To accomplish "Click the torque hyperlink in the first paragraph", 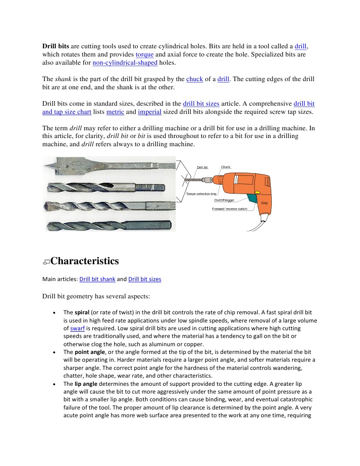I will pos(145,54).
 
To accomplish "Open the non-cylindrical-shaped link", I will pos(125,62).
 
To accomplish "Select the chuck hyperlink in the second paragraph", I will pos(194,79).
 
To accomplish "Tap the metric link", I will pos(115,112).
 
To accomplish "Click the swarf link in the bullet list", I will pos(77,328).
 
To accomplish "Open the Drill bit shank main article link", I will pos(97,279).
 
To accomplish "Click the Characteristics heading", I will pos(85,261).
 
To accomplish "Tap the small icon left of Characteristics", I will pos(46,262).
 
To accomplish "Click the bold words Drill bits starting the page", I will pos(56,46).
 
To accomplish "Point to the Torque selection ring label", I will pos(201,194).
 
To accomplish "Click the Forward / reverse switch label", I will pos(230,209).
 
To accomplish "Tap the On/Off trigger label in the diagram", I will pos(224,200).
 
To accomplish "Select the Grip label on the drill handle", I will pos(264,203).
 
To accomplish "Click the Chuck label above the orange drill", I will pos(226,167).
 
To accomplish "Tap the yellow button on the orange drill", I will pos(258,192).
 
